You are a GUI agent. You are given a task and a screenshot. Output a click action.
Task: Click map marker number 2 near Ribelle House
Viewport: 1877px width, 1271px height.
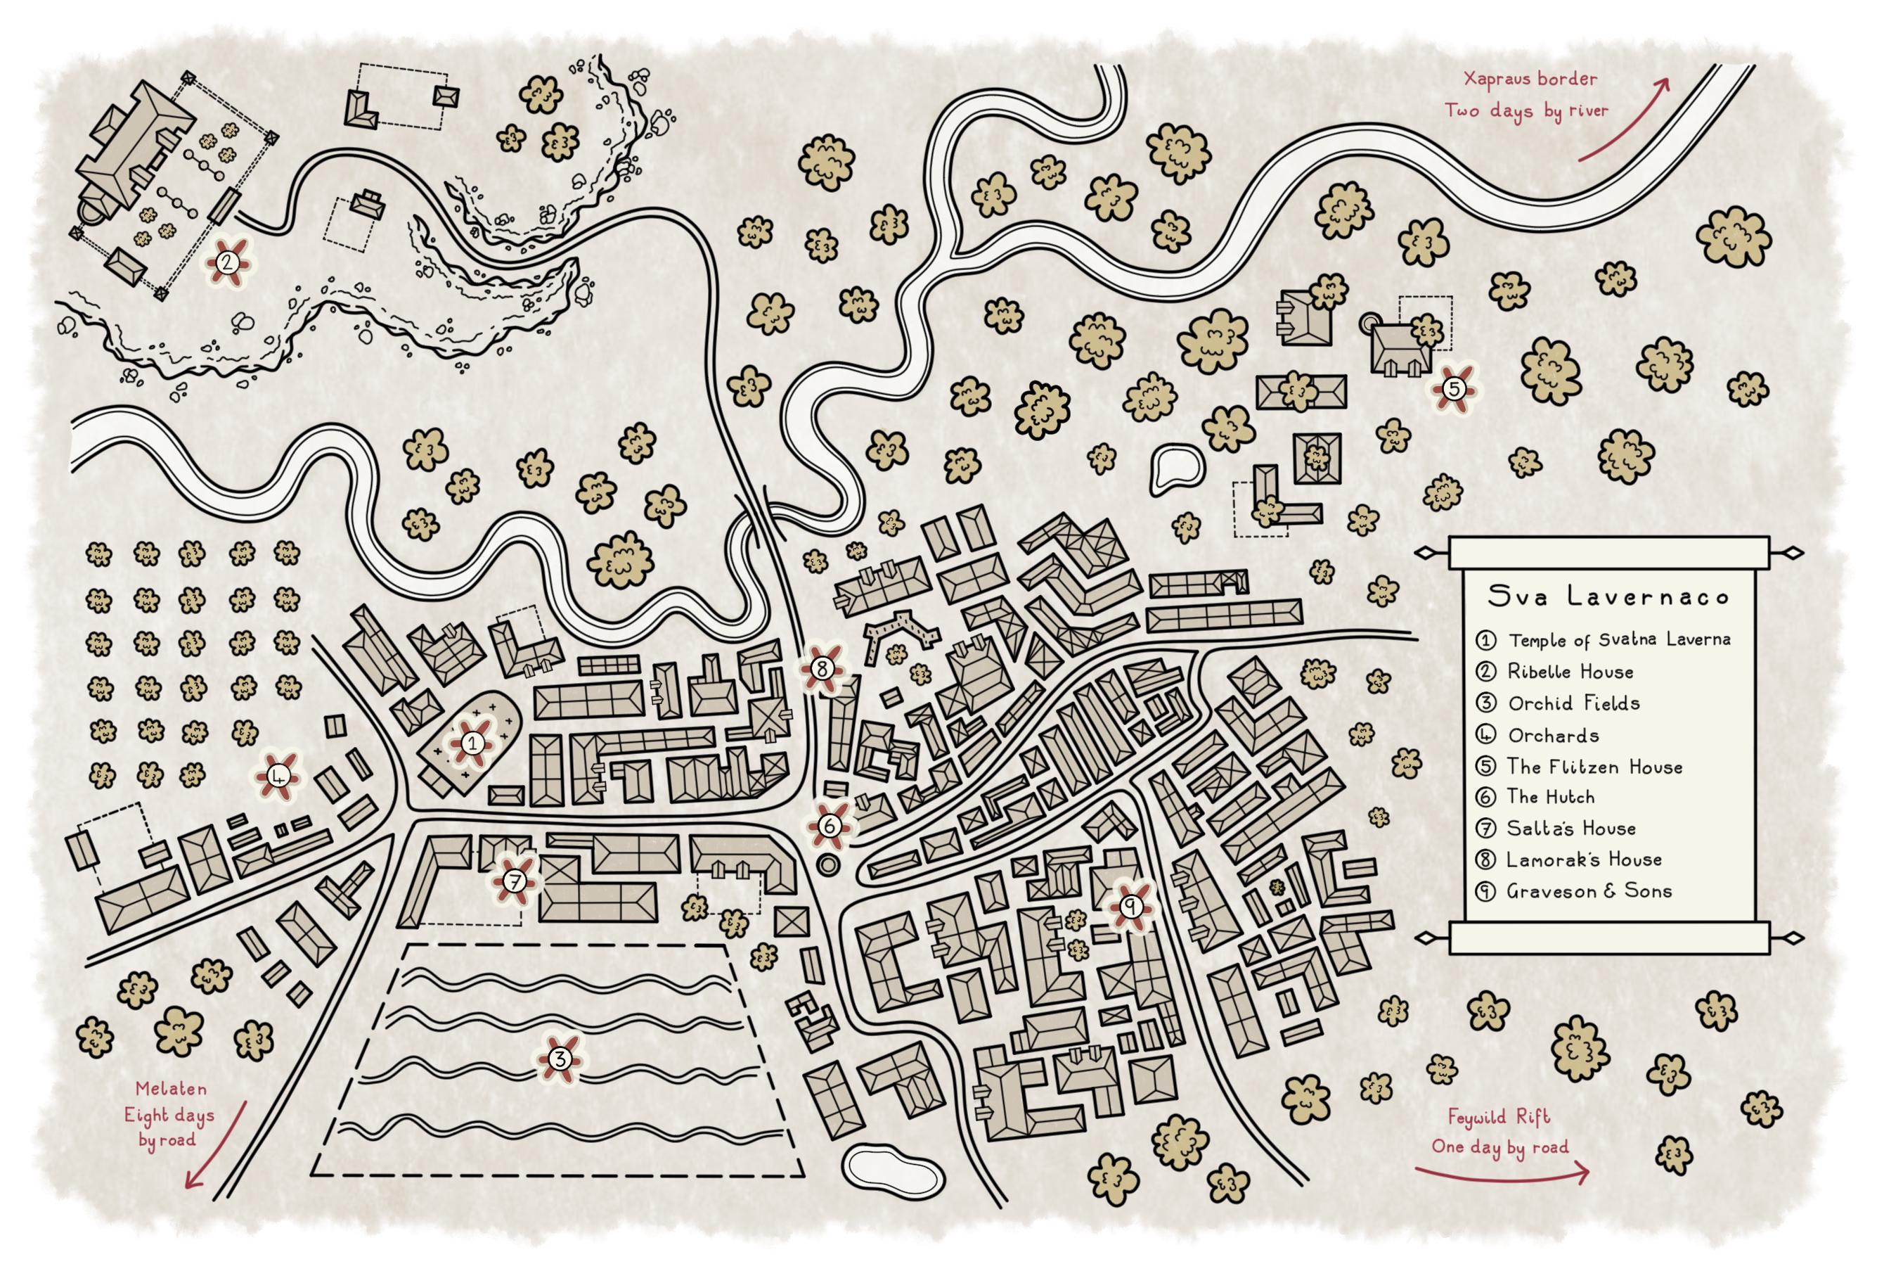(227, 262)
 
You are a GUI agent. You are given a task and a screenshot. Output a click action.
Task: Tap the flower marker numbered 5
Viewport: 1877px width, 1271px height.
(1453, 389)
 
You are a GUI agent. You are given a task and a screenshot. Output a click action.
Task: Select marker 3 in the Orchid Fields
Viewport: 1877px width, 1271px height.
(559, 1058)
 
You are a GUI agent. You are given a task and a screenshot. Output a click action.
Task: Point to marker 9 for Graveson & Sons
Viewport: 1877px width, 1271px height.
(1130, 907)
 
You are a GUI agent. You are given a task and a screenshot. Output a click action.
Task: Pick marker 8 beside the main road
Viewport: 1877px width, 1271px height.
(823, 669)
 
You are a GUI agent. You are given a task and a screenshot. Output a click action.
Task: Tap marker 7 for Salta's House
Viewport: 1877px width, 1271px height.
(515, 881)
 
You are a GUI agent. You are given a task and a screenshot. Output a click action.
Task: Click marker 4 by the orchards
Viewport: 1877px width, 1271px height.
(278, 777)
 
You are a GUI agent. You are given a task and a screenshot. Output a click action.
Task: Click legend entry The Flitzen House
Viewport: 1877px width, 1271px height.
(1594, 767)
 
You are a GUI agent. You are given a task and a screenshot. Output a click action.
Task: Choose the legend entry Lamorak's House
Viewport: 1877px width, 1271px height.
(1583, 860)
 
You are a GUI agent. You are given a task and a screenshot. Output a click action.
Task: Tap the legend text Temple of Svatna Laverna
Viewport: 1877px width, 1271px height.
(1618, 640)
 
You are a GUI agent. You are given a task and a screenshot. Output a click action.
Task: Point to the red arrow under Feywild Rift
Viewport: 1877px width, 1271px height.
(1501, 1173)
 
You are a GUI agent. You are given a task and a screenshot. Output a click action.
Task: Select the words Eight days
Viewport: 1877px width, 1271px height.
(169, 1116)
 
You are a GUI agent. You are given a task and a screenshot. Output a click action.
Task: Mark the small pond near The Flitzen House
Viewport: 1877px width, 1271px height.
(1176, 468)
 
